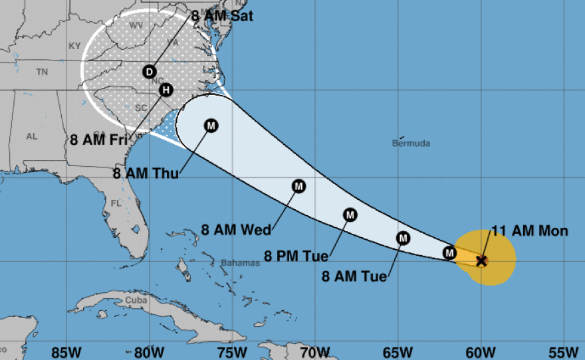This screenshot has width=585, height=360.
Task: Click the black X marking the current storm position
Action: point(482,260)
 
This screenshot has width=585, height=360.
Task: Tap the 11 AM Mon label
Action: point(530,231)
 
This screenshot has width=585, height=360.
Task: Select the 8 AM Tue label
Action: point(354,277)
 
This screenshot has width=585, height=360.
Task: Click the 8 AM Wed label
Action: point(236,230)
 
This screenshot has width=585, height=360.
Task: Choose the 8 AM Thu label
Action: point(146,175)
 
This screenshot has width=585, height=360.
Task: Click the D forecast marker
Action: point(150,72)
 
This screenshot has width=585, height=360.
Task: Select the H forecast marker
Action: point(166,90)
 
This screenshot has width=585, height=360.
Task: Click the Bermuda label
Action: point(411,143)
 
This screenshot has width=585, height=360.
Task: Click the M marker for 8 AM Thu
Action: point(211,125)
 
